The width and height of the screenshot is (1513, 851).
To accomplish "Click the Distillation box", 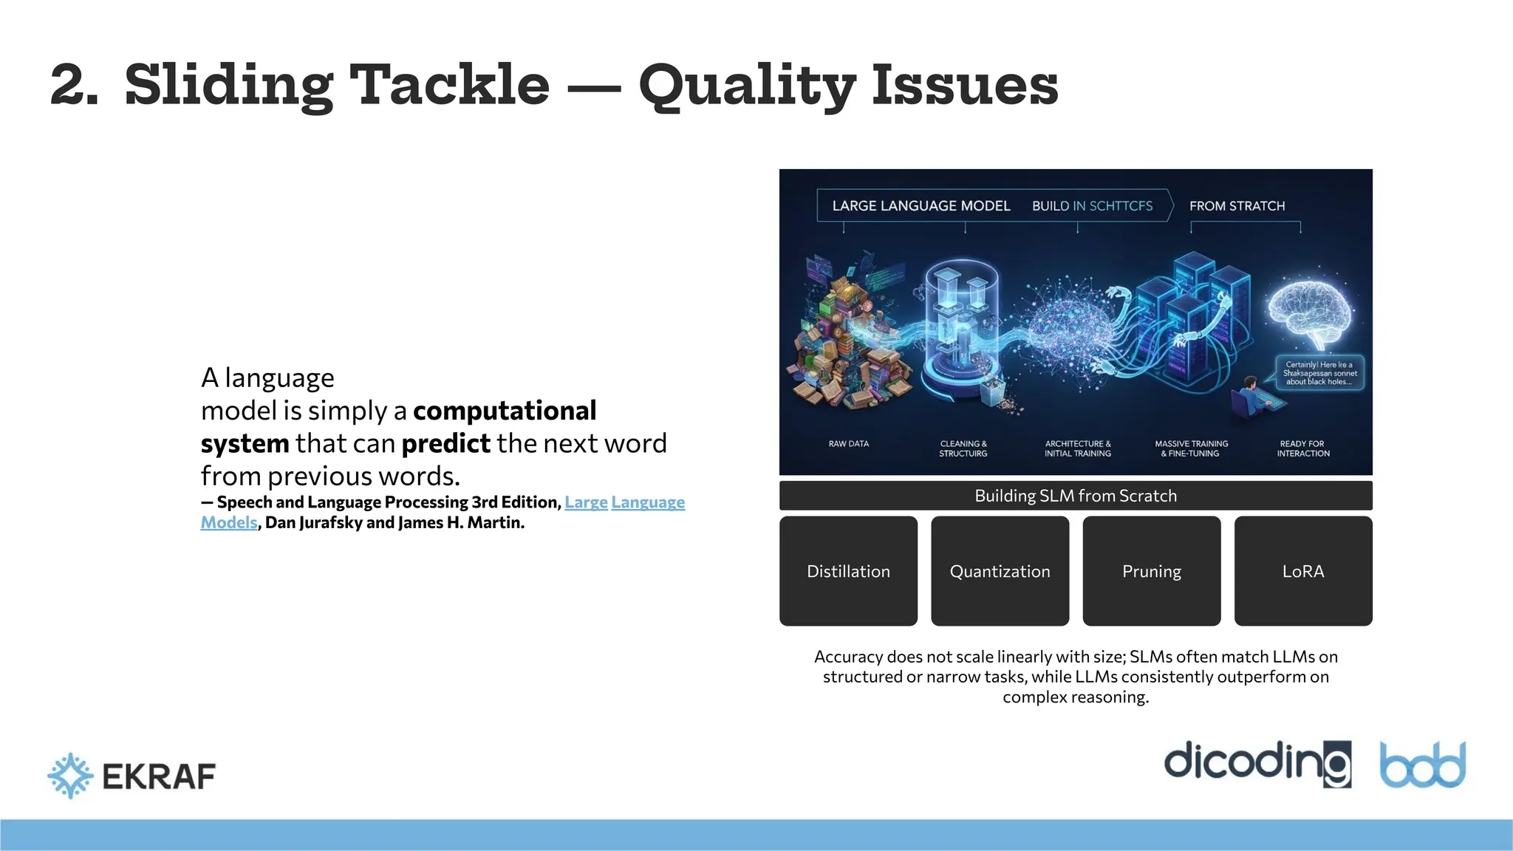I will (848, 571).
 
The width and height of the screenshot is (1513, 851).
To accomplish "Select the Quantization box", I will (1000, 571).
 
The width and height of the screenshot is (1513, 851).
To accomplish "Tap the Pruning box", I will (1151, 571).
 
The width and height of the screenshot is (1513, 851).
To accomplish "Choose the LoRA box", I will (1302, 571).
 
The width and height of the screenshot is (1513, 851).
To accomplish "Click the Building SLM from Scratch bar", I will (1075, 496).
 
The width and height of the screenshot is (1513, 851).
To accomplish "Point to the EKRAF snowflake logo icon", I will (70, 776).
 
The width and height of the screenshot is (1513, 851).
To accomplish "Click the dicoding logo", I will (1257, 763).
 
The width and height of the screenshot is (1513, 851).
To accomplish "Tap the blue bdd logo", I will (1422, 765).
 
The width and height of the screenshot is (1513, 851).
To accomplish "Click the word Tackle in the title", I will (448, 85).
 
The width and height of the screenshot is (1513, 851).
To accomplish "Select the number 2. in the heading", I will (74, 85).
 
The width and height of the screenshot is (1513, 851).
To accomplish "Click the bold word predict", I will (445, 443).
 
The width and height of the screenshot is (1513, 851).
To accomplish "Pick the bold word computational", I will (505, 411).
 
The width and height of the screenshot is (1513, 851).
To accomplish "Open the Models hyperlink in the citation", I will (229, 523).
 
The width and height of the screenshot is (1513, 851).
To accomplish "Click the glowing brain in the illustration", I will (1311, 310).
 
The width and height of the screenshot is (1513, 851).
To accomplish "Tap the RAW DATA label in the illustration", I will (848, 444).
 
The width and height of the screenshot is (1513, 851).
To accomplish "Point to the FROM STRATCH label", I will (1237, 206).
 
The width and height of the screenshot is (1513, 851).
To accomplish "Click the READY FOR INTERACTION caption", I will (1302, 448).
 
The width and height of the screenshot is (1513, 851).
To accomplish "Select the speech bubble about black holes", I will (1319, 373).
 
